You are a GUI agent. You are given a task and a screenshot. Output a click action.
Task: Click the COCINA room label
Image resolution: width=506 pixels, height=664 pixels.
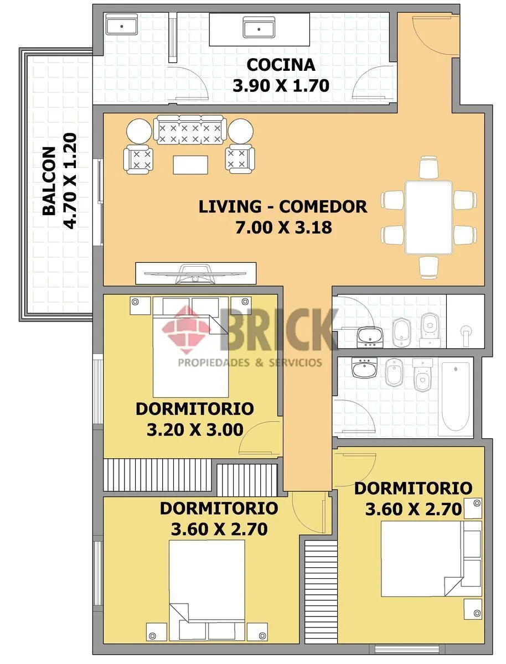point(281,65)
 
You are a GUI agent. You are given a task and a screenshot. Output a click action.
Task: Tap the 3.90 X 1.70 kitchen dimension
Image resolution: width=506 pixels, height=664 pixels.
point(281,86)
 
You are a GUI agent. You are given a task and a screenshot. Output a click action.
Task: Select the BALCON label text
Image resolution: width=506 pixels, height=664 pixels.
point(49,181)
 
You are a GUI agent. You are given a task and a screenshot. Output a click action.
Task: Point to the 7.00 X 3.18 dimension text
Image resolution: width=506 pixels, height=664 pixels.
point(283,227)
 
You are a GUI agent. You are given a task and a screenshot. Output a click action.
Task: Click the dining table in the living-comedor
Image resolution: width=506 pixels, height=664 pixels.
point(429,217)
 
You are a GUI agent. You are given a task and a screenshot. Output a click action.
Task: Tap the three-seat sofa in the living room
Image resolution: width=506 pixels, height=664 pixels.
point(190,129)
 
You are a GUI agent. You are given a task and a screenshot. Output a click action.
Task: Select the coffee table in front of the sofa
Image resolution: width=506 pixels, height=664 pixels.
point(190,165)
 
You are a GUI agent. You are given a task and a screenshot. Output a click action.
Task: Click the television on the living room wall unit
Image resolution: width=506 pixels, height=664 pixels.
point(195,274)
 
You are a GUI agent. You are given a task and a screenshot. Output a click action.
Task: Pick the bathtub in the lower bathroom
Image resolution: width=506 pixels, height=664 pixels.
point(456,397)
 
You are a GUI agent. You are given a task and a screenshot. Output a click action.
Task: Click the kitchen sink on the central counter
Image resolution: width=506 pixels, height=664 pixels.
point(259,27)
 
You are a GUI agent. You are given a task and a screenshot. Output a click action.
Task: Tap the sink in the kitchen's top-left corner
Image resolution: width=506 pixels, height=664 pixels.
point(122,24)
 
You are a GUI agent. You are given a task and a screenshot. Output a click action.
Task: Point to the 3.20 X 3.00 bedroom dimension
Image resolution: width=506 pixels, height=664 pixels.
point(195,429)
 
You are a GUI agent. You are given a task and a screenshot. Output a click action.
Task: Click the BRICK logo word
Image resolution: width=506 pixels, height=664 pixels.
point(280,330)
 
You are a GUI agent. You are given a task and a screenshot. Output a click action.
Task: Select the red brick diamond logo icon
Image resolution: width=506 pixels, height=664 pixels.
point(187,330)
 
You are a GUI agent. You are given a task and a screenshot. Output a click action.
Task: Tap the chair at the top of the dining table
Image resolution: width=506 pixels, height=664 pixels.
point(429,167)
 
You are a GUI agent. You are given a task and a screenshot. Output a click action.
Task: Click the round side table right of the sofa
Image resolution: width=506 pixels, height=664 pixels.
point(241,131)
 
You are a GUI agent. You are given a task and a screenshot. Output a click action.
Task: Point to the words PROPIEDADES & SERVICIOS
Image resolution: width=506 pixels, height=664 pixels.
point(250,362)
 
